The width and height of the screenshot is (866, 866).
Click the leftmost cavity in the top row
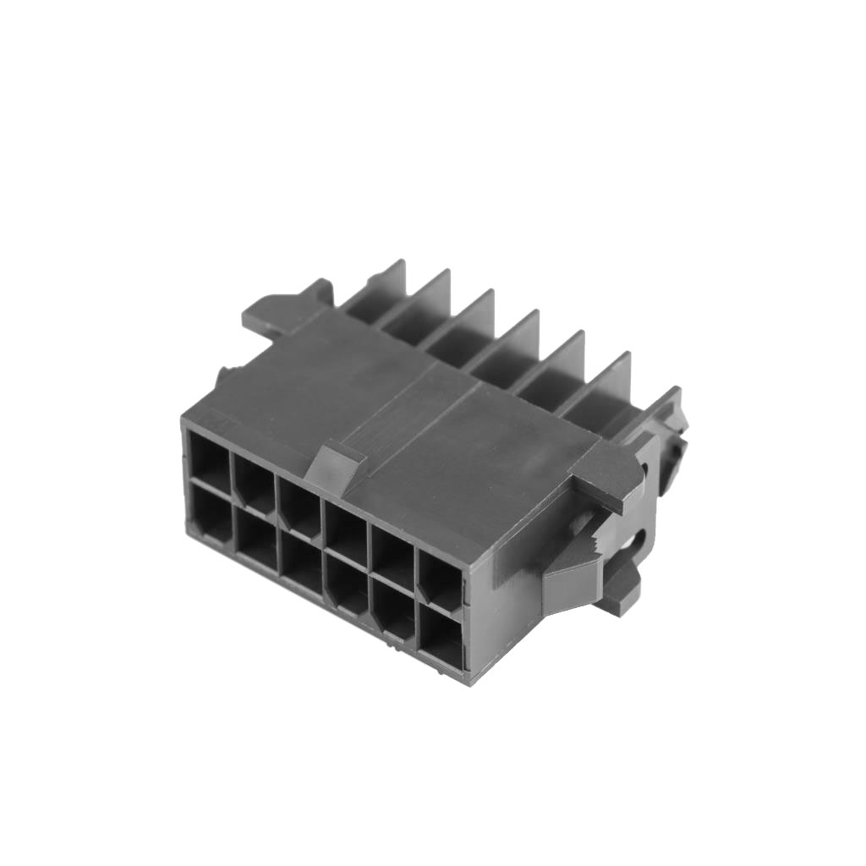209,461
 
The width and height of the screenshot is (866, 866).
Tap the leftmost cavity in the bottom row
208,513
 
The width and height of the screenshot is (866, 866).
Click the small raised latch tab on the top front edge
336,466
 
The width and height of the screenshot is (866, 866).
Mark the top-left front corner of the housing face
184,420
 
